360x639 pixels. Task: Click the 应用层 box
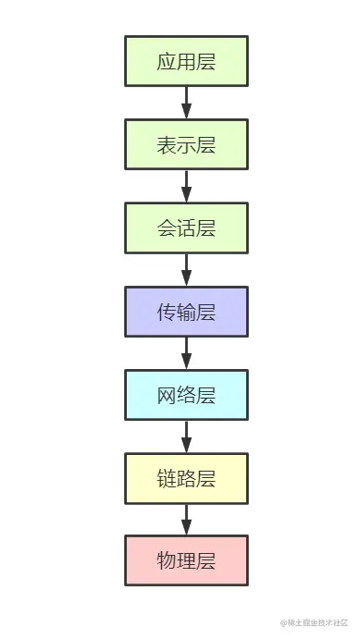(186, 61)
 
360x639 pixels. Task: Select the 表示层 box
(186, 144)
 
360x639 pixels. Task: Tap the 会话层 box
(186, 227)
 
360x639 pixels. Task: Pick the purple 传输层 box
(186, 312)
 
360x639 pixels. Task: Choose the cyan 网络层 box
(186, 395)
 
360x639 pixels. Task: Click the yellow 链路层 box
(186, 478)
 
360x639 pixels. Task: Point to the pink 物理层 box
(186, 560)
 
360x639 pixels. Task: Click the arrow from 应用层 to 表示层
(186, 103)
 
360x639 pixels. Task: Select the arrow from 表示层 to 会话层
(186, 186)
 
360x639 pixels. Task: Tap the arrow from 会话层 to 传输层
(186, 269)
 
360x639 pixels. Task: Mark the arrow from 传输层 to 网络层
(186, 353)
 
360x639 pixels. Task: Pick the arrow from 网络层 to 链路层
(186, 436)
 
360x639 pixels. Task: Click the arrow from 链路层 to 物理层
(186, 520)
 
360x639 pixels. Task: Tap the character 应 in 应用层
(167, 62)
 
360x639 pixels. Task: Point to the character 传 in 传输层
(167, 312)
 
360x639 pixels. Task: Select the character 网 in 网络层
(167, 396)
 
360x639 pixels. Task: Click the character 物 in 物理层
(167, 561)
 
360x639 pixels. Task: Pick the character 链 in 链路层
(167, 479)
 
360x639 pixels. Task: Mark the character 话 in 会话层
(186, 228)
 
